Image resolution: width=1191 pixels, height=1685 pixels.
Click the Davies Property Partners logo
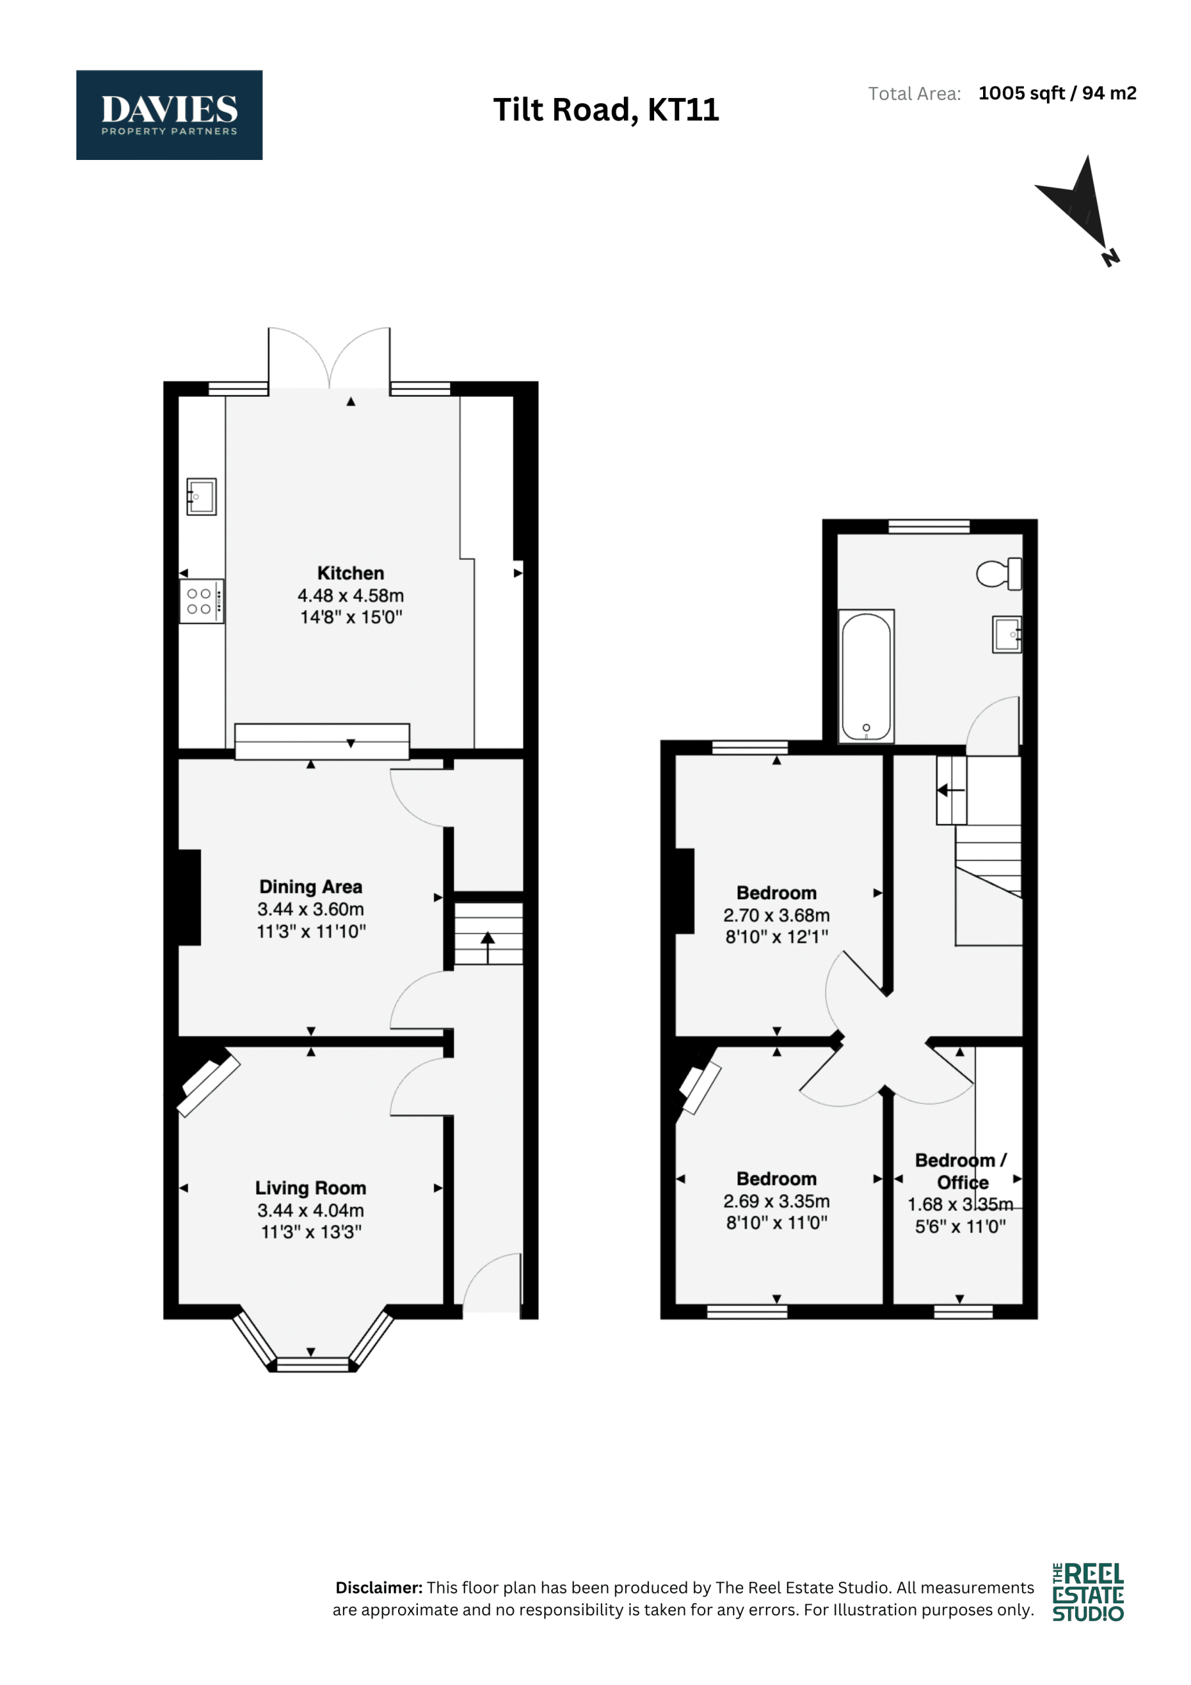tap(169, 115)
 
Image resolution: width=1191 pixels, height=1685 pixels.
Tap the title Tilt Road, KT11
tap(605, 110)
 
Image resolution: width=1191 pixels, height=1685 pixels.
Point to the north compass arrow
tap(1078, 209)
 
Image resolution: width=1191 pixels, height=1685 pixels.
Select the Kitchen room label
tap(351, 573)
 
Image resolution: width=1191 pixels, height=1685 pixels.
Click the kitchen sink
tap(201, 497)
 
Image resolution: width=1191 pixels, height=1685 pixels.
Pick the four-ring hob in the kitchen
tap(202, 601)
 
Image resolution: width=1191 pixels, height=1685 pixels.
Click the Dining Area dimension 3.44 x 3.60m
tap(311, 909)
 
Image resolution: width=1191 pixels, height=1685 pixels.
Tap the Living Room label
tap(311, 1188)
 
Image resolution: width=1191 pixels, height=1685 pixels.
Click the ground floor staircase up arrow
tap(488, 947)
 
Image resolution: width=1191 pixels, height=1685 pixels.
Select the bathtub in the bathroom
tap(866, 676)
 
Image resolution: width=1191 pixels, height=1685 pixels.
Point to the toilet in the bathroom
tap(999, 573)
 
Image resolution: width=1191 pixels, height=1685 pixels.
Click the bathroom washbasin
tap(1006, 634)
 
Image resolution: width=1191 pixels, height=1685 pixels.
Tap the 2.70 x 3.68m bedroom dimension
tap(776, 915)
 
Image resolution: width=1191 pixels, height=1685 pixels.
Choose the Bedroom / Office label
tap(961, 1172)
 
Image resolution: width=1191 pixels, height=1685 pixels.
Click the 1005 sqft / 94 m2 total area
tap(1057, 93)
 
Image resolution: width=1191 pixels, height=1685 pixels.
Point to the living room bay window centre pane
tap(312, 1365)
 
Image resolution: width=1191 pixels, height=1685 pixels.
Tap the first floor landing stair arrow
tap(950, 791)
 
